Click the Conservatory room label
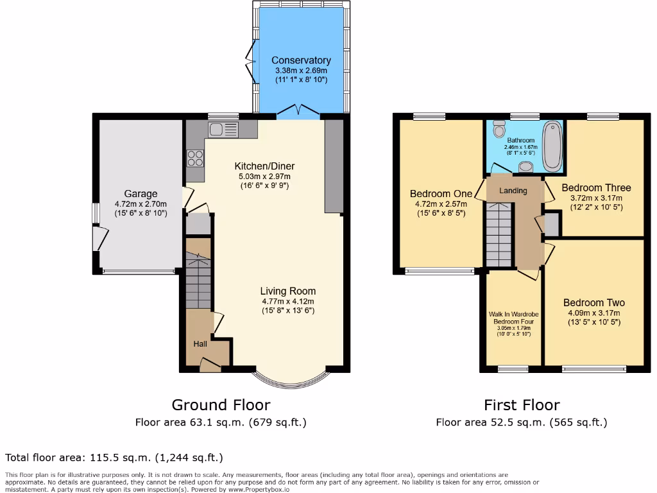tap(301, 60)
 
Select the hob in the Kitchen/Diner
tap(194, 157)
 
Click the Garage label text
tap(141, 194)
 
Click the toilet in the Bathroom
tap(499, 130)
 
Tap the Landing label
tap(513, 191)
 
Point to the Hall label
tap(200, 344)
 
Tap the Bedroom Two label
tap(593, 303)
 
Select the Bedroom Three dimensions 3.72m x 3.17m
tap(596, 198)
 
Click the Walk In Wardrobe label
tap(513, 314)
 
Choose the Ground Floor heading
tap(221, 405)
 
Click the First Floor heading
tap(521, 405)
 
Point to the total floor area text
tap(114, 458)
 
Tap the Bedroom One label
tap(441, 194)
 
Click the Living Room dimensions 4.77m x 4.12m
tap(287, 301)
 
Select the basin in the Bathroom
tap(525, 168)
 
